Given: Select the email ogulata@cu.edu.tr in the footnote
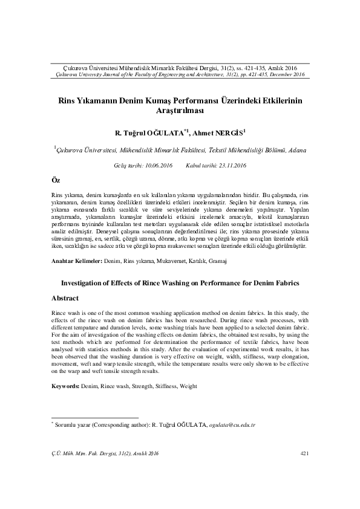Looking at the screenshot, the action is point(233,425).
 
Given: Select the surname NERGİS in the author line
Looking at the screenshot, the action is point(229,132).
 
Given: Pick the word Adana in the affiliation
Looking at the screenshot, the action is point(297,149).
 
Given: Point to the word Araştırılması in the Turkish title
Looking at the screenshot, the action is point(180,111).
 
